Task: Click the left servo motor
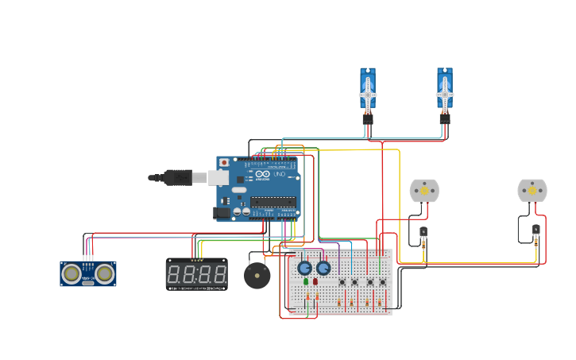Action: tap(368, 90)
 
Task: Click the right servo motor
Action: tap(445, 90)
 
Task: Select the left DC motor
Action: tap(423, 191)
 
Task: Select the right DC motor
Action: tap(532, 191)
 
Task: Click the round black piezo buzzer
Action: tap(257, 276)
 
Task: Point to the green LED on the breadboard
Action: tap(306, 281)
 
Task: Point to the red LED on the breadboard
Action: tap(315, 281)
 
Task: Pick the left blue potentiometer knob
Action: tap(305, 268)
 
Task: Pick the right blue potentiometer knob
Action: tap(323, 268)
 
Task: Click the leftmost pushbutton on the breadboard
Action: tap(342, 281)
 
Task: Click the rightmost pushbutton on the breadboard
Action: tap(382, 281)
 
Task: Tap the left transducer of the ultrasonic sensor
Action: tap(72, 273)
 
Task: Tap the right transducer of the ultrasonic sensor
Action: tap(104, 273)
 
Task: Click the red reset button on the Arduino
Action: tap(224, 162)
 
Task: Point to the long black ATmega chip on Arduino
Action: tap(273, 202)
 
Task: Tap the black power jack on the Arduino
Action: tap(222, 212)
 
